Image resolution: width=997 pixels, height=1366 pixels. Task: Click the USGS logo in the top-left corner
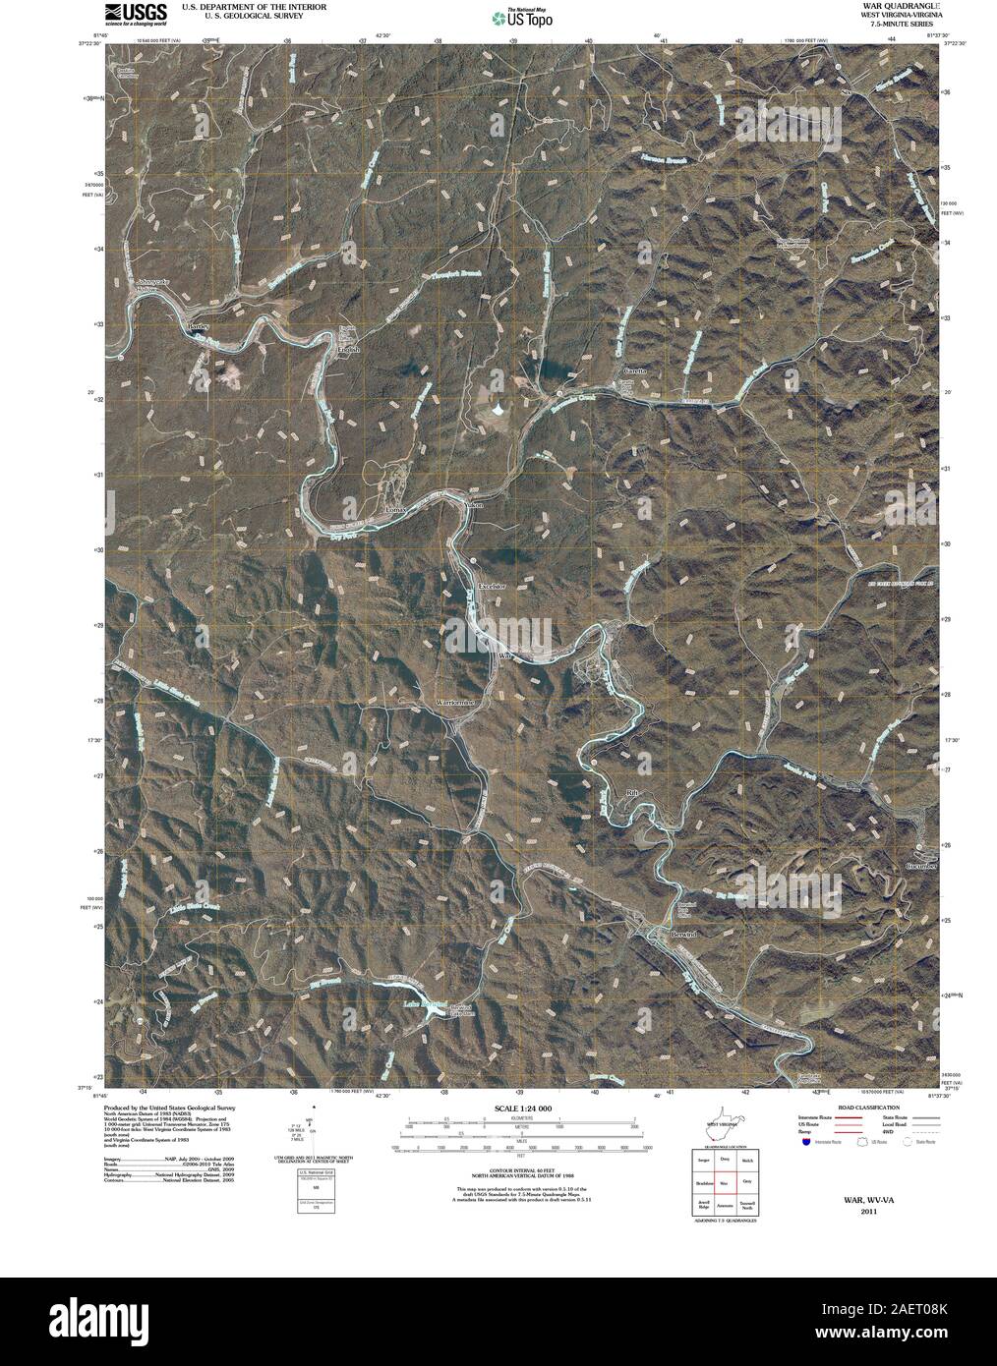(x=125, y=13)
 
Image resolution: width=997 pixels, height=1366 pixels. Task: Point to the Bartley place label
(x=201, y=323)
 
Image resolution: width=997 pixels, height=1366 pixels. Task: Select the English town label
(x=349, y=350)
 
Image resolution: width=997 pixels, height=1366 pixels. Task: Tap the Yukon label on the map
(x=474, y=505)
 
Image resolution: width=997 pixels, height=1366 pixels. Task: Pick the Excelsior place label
(x=492, y=587)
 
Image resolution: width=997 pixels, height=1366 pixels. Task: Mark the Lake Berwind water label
(x=393, y=1005)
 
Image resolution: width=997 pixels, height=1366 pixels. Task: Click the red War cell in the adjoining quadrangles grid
(x=725, y=1185)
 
